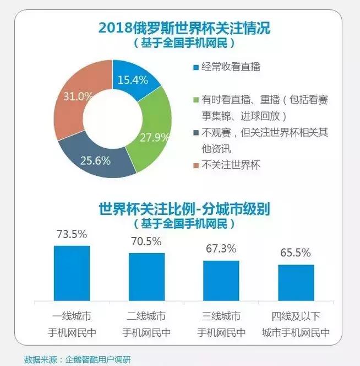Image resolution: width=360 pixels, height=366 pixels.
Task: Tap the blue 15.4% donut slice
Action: (134, 76)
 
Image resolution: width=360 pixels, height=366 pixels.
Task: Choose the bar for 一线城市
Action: (72, 273)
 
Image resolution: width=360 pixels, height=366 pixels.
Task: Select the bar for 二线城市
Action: (146, 277)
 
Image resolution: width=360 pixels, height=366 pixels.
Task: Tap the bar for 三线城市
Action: (221, 281)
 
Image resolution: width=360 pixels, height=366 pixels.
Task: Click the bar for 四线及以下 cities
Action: (296, 283)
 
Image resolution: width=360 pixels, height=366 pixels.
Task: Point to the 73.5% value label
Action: (72, 234)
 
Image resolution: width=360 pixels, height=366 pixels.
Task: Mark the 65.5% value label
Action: (296, 253)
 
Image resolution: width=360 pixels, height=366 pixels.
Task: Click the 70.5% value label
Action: (146, 241)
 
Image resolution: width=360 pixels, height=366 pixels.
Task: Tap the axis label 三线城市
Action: (221, 316)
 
